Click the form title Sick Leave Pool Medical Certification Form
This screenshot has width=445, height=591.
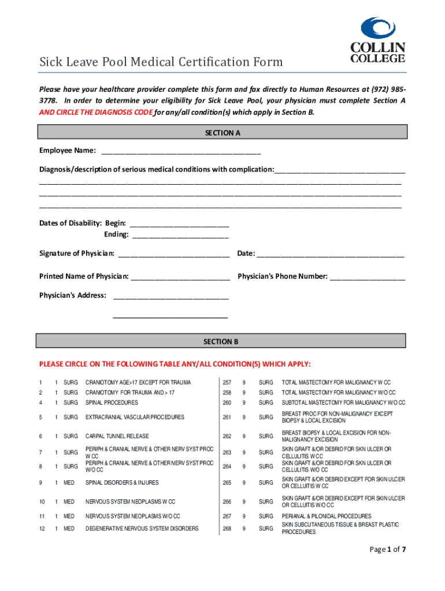pos(161,62)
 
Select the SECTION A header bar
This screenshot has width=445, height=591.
pos(222,133)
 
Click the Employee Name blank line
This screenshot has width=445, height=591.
pos(181,152)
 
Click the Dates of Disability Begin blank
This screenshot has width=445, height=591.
pos(180,225)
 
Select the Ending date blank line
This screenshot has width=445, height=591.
pos(180,235)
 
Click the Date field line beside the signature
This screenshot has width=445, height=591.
pos(330,255)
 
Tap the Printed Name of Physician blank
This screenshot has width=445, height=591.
pos(181,278)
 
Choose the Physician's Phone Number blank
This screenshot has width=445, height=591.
pos(368,278)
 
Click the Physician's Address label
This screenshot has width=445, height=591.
pos(73,295)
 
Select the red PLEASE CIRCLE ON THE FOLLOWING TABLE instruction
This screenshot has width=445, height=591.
pos(175,364)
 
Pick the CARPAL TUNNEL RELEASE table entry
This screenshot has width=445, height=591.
pos(117,436)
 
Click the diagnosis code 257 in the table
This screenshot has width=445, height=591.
pos(227,383)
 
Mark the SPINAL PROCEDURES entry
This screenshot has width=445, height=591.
pos(112,402)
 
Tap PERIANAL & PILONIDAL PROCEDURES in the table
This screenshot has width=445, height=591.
pos(327,516)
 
